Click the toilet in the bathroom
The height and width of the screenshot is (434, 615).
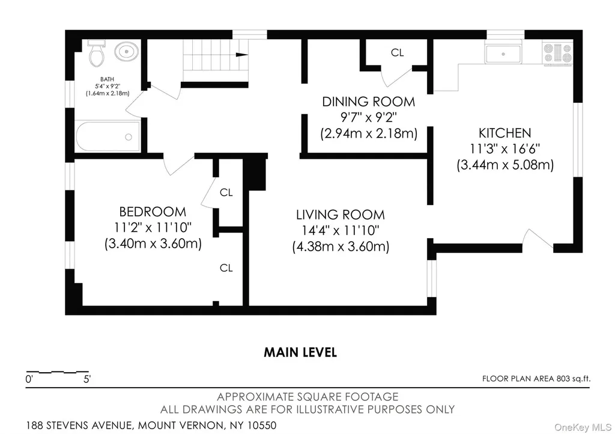(x=97, y=53)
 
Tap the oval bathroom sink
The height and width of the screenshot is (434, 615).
(x=126, y=52)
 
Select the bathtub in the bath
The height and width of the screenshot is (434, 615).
(x=108, y=136)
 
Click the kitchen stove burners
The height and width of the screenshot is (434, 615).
(x=557, y=53)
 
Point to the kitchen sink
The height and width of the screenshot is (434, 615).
(x=503, y=53)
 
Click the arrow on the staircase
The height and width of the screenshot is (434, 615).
(x=241, y=55)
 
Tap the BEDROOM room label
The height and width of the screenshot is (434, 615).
(x=153, y=212)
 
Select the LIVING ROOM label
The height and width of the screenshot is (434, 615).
(x=341, y=215)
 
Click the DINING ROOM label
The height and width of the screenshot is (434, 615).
(x=368, y=102)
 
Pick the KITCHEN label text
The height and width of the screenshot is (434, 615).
(x=504, y=133)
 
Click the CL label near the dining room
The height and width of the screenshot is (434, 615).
(x=398, y=52)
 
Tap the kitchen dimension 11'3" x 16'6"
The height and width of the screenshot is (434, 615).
(x=504, y=148)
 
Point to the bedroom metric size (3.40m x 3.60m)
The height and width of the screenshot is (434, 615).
(x=153, y=243)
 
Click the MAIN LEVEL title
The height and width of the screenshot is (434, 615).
(x=300, y=352)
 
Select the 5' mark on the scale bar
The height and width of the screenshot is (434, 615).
(x=86, y=379)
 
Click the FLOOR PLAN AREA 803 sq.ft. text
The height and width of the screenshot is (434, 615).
(x=536, y=379)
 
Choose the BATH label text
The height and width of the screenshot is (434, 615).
(x=107, y=79)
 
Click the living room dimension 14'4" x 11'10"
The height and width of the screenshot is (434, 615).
(x=341, y=230)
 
